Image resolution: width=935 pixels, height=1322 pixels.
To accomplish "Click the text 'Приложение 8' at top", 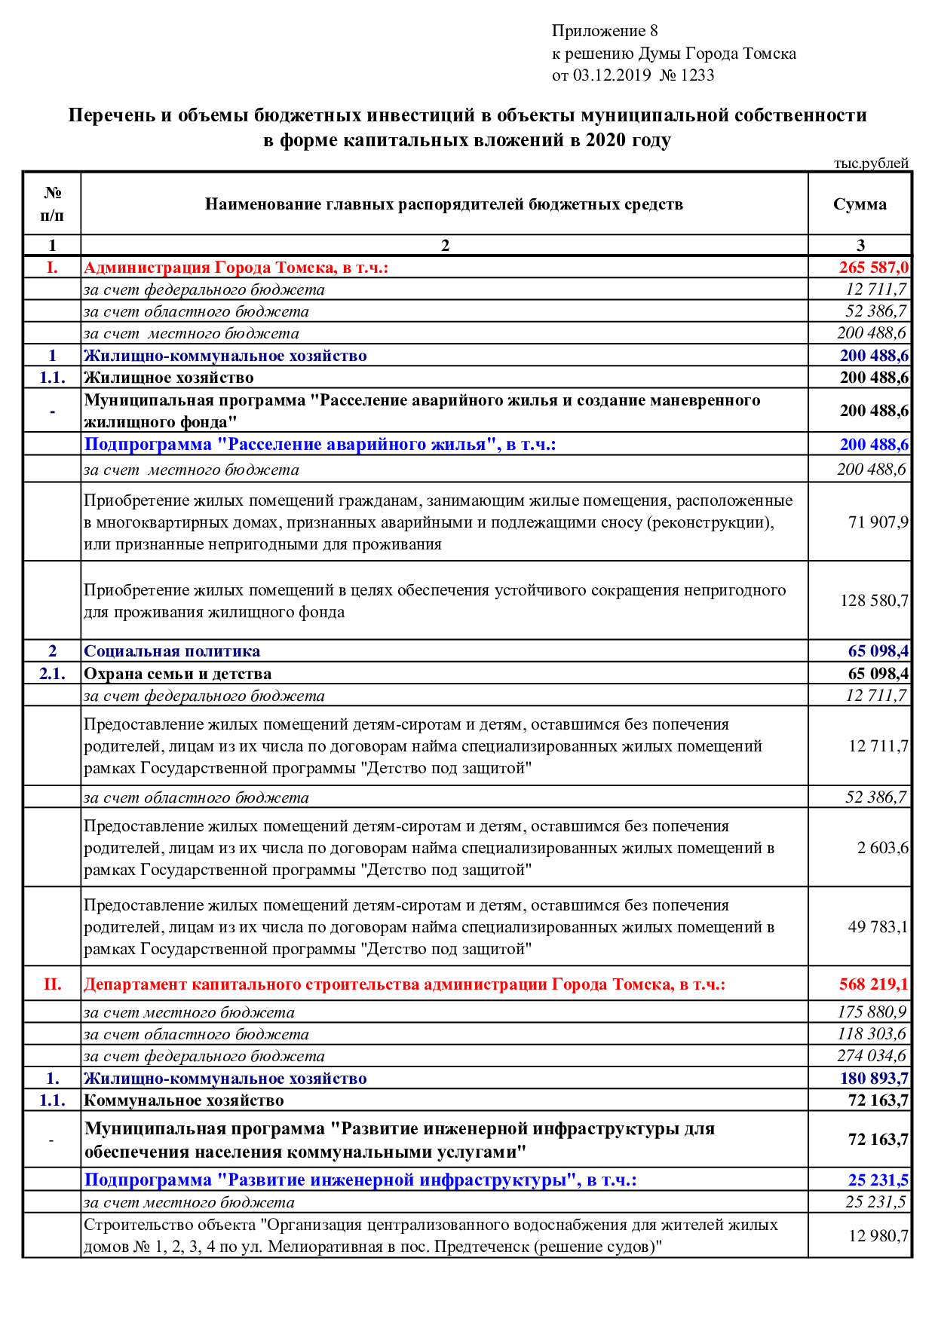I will click(x=604, y=31).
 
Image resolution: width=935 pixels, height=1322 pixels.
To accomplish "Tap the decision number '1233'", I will click(x=697, y=75).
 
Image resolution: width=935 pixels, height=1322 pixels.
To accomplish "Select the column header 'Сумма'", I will click(x=860, y=204).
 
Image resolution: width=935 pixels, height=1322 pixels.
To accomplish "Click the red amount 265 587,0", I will click(x=873, y=268).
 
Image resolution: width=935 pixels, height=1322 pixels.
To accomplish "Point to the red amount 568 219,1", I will click(x=873, y=984).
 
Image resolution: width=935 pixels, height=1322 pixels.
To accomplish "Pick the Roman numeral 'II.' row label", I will click(x=52, y=984).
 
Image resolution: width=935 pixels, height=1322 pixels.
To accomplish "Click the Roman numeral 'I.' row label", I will click(x=52, y=268).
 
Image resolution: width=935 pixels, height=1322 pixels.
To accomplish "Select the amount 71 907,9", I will click(x=878, y=522).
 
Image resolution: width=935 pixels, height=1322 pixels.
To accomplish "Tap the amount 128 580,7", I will click(x=874, y=601).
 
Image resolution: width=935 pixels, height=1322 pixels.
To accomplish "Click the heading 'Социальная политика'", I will click(x=172, y=651).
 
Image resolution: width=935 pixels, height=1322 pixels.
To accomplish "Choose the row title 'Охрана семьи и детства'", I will click(x=177, y=674).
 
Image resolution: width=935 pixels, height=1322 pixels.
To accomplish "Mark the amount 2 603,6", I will click(x=882, y=848).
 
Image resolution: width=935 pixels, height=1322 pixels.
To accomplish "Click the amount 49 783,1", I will click(x=878, y=927).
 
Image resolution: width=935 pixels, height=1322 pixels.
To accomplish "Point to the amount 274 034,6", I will click(x=872, y=1056).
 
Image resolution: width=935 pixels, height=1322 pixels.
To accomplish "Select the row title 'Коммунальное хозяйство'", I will click(x=184, y=1100).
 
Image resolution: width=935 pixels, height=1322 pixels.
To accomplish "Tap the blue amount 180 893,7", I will click(x=874, y=1079).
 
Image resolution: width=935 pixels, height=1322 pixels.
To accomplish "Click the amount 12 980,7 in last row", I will click(x=878, y=1236).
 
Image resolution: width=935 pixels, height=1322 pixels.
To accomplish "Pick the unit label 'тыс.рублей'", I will click(x=871, y=164).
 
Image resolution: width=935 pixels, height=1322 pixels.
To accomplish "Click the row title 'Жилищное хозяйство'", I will click(x=169, y=378).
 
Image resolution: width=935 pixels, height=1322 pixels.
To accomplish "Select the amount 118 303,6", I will click(x=872, y=1034).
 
